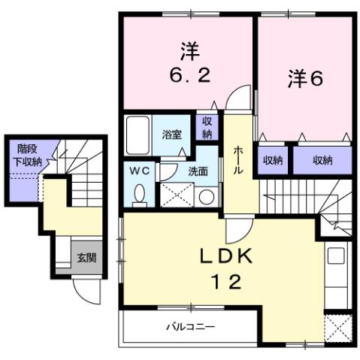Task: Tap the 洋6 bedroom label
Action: [x=304, y=79]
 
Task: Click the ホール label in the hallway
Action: [x=238, y=161]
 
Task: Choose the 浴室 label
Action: [x=172, y=135]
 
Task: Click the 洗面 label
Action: [x=198, y=171]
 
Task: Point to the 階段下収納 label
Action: [x=26, y=156]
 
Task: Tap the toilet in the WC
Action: [x=139, y=195]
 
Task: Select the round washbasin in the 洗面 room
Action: [x=206, y=196]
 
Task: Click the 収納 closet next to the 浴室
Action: [x=206, y=128]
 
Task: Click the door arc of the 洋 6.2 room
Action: [x=241, y=98]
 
